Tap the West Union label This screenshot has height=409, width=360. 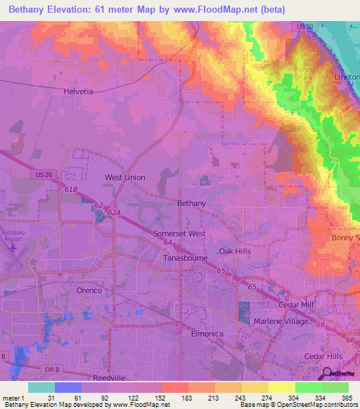tap(124, 178)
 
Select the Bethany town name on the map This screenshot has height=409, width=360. tap(191, 203)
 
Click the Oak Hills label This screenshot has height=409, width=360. tap(234, 251)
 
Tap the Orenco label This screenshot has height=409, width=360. tap(89, 290)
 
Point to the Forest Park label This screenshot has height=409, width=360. tap(305, 74)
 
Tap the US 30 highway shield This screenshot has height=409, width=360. tap(304, 27)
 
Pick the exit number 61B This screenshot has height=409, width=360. tap(70, 189)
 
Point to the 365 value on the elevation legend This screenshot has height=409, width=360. tap(345, 398)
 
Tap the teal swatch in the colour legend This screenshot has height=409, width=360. tap(41, 387)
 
